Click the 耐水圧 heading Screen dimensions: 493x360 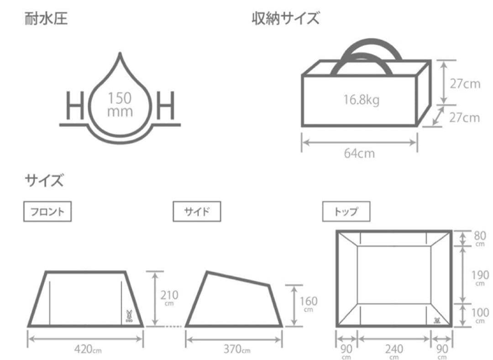point(46,18)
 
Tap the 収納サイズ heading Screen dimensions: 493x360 point(285,18)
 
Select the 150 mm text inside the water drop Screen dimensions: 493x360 point(120,104)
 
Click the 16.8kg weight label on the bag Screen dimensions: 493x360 point(361,100)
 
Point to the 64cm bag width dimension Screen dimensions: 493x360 point(359,153)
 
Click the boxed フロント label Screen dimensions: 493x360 point(47,212)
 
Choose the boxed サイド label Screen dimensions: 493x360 point(197,212)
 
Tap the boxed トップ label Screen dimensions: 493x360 point(346,212)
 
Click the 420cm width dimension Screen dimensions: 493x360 point(88,349)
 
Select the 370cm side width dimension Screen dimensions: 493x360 point(237,349)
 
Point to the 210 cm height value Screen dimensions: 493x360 point(169,298)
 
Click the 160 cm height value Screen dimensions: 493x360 point(309,304)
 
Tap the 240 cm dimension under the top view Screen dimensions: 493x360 point(394,351)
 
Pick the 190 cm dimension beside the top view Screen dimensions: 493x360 point(480,278)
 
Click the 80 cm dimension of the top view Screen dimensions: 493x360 point(480,239)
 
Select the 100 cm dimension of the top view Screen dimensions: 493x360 point(480,315)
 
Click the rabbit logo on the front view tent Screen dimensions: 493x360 point(129,316)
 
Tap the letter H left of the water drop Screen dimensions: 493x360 point(75,105)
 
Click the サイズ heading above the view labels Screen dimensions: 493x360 point(44,180)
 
